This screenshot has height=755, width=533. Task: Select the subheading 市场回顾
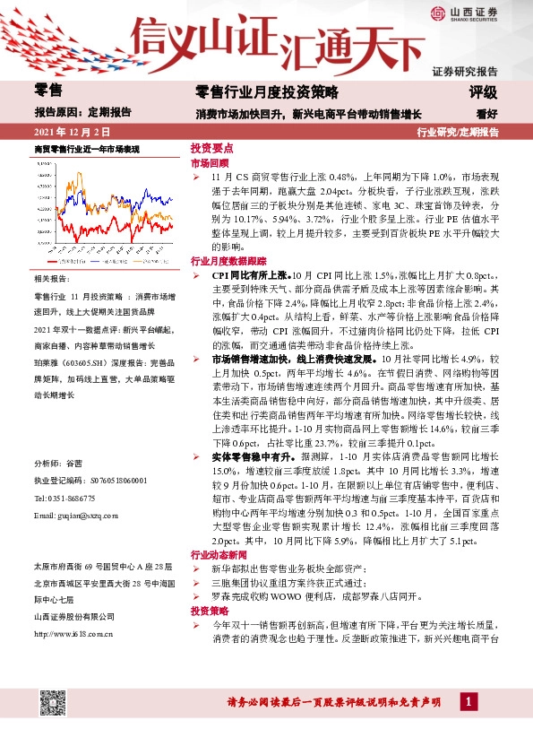[x=209, y=164]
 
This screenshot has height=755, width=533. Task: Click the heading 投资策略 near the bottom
[x=209, y=609]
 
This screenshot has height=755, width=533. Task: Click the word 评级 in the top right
[x=484, y=91]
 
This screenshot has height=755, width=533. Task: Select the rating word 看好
[x=487, y=113]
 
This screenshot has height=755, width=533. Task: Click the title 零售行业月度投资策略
[x=267, y=91]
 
